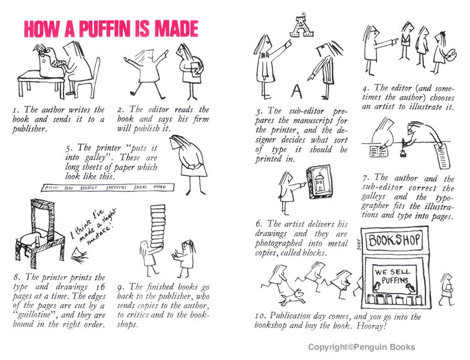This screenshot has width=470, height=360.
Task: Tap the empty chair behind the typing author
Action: pyautogui.click(x=89, y=79)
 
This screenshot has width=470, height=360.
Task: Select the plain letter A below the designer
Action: pyautogui.click(x=296, y=91)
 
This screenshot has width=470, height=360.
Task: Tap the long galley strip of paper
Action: pyautogui.click(x=108, y=187)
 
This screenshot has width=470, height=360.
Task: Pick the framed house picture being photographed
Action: pyautogui.click(x=320, y=182)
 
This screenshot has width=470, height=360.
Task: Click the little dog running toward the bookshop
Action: pyautogui.click(x=292, y=296)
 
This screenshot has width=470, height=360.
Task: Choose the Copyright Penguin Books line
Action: pyautogui.click(x=361, y=347)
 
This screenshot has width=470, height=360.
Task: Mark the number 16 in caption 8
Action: pyautogui.click(x=101, y=287)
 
